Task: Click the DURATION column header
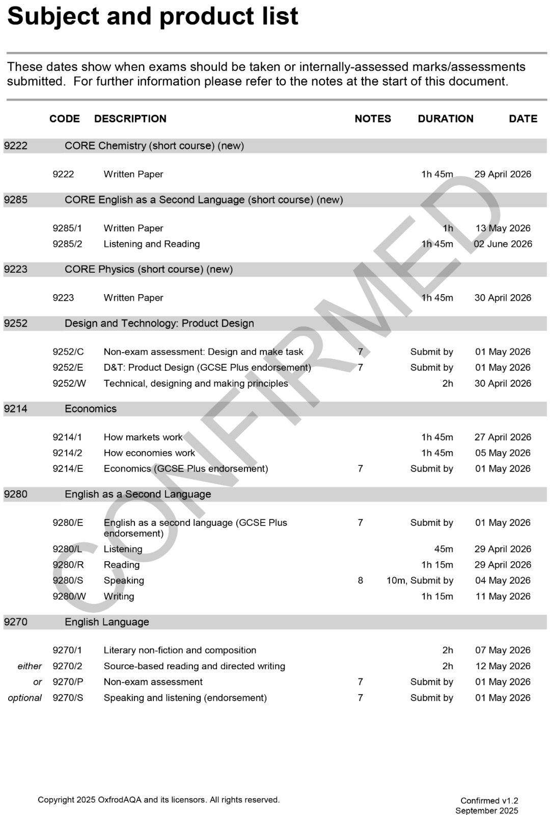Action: (x=445, y=119)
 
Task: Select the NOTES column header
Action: (x=373, y=119)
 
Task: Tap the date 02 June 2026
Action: (x=503, y=244)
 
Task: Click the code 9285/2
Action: (x=67, y=244)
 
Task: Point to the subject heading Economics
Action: (x=91, y=409)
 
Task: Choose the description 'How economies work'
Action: (x=149, y=453)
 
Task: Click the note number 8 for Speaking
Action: (x=361, y=581)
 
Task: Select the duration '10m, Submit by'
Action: (x=420, y=581)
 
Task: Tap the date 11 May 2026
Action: (x=503, y=596)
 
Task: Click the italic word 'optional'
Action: (x=25, y=698)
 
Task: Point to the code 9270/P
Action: (x=68, y=682)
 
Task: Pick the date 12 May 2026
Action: (x=503, y=666)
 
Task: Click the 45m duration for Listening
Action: (x=443, y=549)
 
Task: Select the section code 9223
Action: (x=16, y=269)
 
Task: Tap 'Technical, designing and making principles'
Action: (x=196, y=383)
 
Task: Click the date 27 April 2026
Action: (x=503, y=437)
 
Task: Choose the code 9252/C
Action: (x=68, y=352)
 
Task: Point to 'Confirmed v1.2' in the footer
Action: (x=489, y=801)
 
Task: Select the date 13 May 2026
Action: (x=503, y=228)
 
